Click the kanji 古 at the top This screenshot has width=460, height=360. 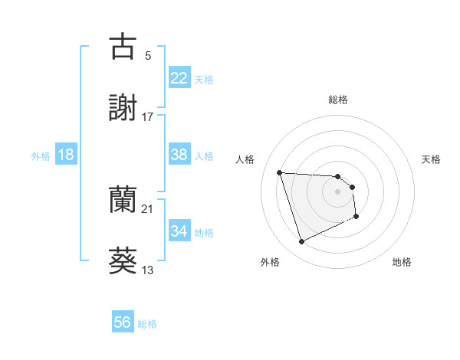[x=123, y=47]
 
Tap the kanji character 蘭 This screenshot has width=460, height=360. [x=123, y=200]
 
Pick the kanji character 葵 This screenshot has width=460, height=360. [x=123, y=260]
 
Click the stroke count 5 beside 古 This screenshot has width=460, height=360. [x=148, y=55]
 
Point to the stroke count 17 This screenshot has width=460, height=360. [x=148, y=116]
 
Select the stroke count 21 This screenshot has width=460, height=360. [x=148, y=208]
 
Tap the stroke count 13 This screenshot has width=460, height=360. [x=148, y=270]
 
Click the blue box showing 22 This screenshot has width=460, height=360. [x=179, y=78]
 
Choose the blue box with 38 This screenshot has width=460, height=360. [x=179, y=155]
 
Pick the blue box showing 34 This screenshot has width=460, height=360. [x=179, y=231]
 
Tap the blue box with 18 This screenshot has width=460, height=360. [x=66, y=155]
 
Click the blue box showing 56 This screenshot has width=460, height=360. [x=123, y=322]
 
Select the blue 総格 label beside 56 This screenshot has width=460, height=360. [x=147, y=324]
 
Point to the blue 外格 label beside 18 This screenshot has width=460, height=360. [x=41, y=156]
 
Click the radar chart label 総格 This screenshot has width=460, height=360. [x=338, y=100]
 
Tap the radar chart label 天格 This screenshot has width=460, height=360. [x=432, y=159]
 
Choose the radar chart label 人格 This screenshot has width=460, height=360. [x=245, y=159]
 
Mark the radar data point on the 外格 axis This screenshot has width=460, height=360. [x=301, y=242]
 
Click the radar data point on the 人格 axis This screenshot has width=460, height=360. [x=280, y=172]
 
